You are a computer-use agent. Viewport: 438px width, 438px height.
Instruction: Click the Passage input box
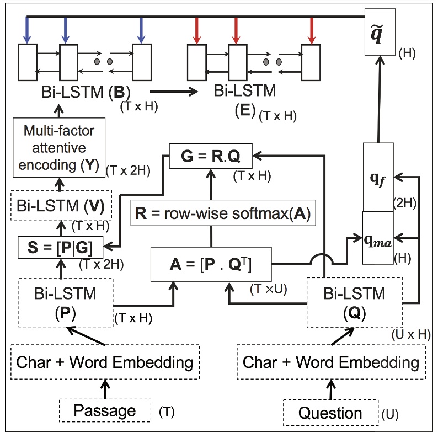pos(105,410)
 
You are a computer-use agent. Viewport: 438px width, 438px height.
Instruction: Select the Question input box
pos(330,413)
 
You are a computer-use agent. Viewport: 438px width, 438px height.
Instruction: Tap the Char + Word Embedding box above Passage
pos(105,362)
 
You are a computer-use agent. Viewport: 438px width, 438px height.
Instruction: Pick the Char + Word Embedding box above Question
pos(331,362)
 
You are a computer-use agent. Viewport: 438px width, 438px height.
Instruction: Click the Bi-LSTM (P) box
pos(66,302)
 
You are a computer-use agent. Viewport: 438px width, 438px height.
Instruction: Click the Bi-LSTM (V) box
pos(61,207)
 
